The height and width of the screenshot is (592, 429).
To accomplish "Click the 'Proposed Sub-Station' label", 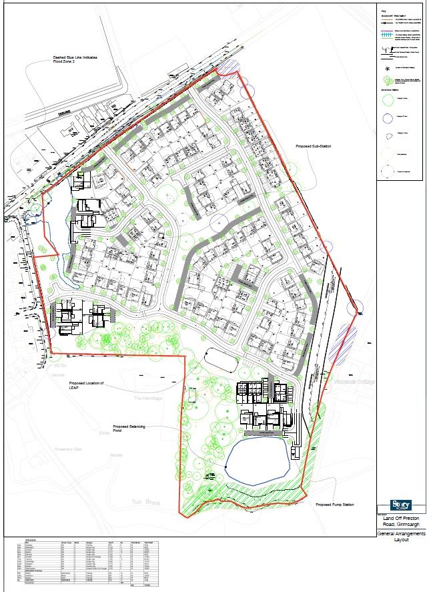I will point(314,146).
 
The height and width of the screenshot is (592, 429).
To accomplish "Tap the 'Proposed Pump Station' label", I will point(335,505).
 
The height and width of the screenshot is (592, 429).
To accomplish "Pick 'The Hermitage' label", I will point(147,398).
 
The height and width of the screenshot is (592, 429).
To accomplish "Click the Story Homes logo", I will point(400,505).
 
